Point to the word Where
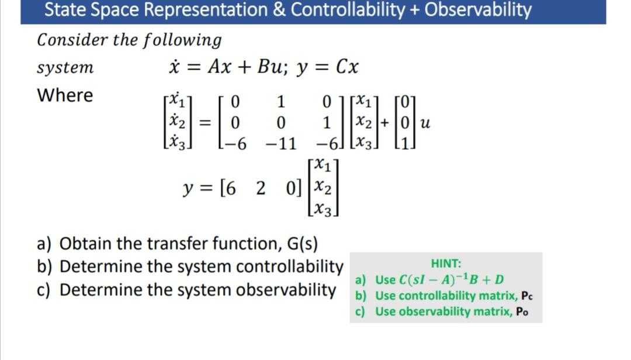65,95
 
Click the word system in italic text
65,68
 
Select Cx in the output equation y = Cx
347,68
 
